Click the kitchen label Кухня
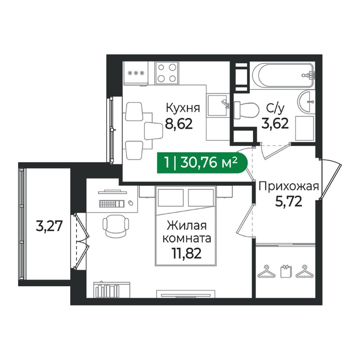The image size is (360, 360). pyautogui.click(x=183, y=108)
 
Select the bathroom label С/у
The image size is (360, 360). pyautogui.click(x=274, y=108)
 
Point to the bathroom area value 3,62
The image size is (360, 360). pyautogui.click(x=274, y=123)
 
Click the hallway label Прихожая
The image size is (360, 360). pyautogui.click(x=288, y=186)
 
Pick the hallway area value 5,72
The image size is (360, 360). pyautogui.click(x=288, y=201)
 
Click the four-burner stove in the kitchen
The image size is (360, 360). pyautogui.click(x=166, y=73)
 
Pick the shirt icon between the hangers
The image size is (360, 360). pyautogui.click(x=285, y=272)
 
